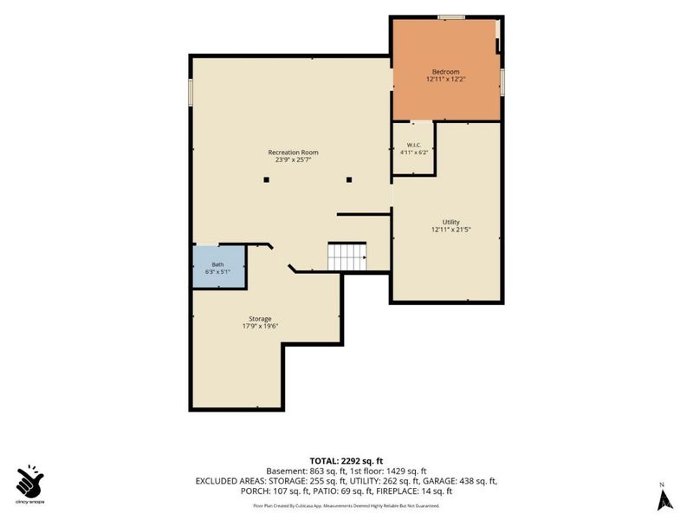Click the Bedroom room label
(x=445, y=72)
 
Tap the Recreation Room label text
(x=293, y=153)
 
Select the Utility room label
(x=450, y=222)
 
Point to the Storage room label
(x=260, y=319)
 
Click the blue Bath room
(x=219, y=267)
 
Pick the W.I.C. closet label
(x=414, y=145)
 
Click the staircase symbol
(x=347, y=257)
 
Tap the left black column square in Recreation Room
(x=267, y=179)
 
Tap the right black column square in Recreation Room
(x=349, y=179)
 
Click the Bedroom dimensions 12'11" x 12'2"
(x=446, y=80)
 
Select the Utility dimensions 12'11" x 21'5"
(x=450, y=230)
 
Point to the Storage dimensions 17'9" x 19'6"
(x=260, y=327)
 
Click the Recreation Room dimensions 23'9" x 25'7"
(x=293, y=160)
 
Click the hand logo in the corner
(x=29, y=481)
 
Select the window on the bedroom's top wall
(x=451, y=17)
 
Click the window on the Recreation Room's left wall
(x=191, y=93)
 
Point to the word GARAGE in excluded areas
(x=440, y=481)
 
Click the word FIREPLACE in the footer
(x=397, y=491)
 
